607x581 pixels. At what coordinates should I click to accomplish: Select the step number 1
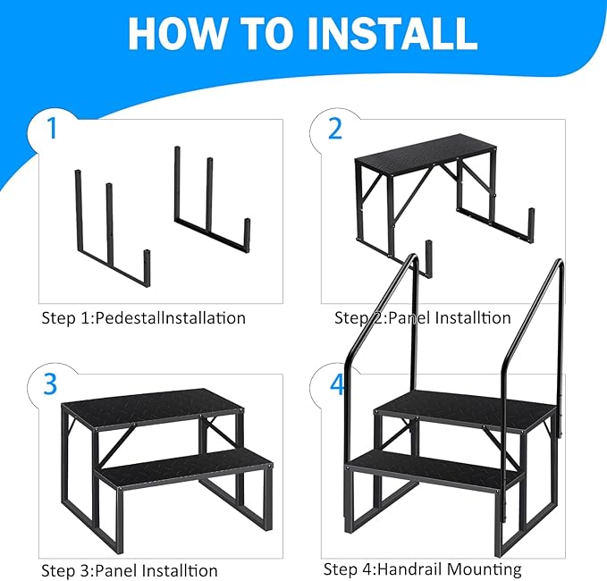[x=52, y=130]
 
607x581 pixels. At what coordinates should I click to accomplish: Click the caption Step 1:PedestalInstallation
[x=143, y=317]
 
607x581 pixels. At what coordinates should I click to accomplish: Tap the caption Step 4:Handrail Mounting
[x=422, y=569]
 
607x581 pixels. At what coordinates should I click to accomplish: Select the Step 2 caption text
[x=422, y=317]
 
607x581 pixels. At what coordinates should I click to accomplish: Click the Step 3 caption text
[x=130, y=570]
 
